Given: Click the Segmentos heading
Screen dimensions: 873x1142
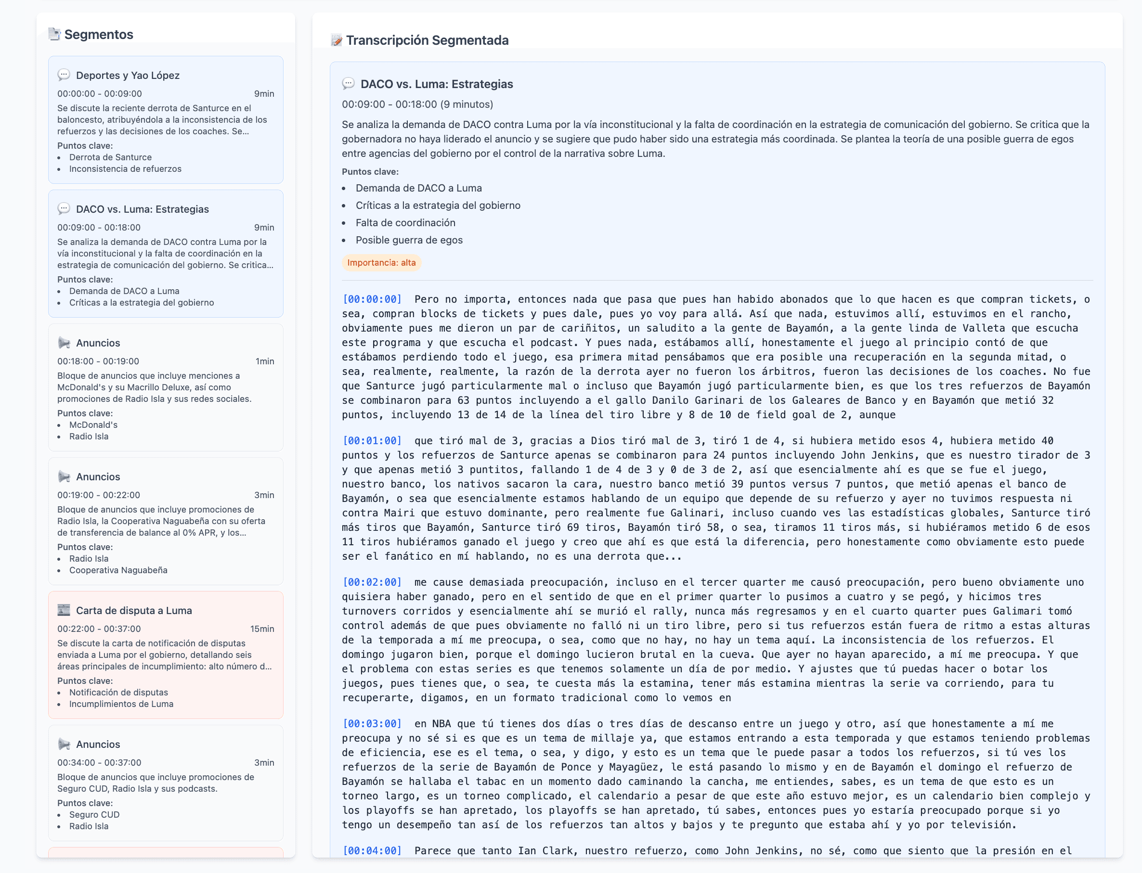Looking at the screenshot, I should (x=98, y=34).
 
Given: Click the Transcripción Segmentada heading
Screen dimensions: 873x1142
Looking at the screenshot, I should (x=427, y=40).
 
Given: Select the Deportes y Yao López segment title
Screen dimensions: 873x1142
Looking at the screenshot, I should (x=128, y=76).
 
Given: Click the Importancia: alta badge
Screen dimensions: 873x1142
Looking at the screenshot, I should (x=381, y=263).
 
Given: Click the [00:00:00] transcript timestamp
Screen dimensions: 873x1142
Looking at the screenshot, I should (x=372, y=299).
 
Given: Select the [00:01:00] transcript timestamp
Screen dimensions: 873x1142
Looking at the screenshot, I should (x=372, y=441).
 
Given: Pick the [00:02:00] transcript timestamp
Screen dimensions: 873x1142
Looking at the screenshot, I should (x=372, y=582).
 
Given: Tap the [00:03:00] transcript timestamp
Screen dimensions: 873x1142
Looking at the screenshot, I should (x=372, y=723).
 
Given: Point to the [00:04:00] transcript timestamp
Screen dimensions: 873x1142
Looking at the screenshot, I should (x=372, y=851).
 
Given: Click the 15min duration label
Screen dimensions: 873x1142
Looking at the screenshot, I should (x=262, y=629).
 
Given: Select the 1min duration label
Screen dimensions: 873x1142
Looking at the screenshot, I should (x=265, y=361).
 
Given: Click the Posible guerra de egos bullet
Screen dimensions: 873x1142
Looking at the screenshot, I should (x=409, y=240).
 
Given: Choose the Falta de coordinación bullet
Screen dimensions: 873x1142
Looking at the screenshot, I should (x=405, y=223).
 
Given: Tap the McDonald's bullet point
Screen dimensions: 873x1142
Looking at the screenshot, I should (x=93, y=425).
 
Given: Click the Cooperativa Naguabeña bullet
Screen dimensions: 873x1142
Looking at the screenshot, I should (x=118, y=570).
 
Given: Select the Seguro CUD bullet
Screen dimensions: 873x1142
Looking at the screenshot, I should (x=94, y=815).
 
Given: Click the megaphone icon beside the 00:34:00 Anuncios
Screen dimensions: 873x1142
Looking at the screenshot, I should (x=64, y=744).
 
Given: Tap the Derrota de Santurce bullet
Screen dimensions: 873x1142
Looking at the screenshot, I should (x=110, y=157).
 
